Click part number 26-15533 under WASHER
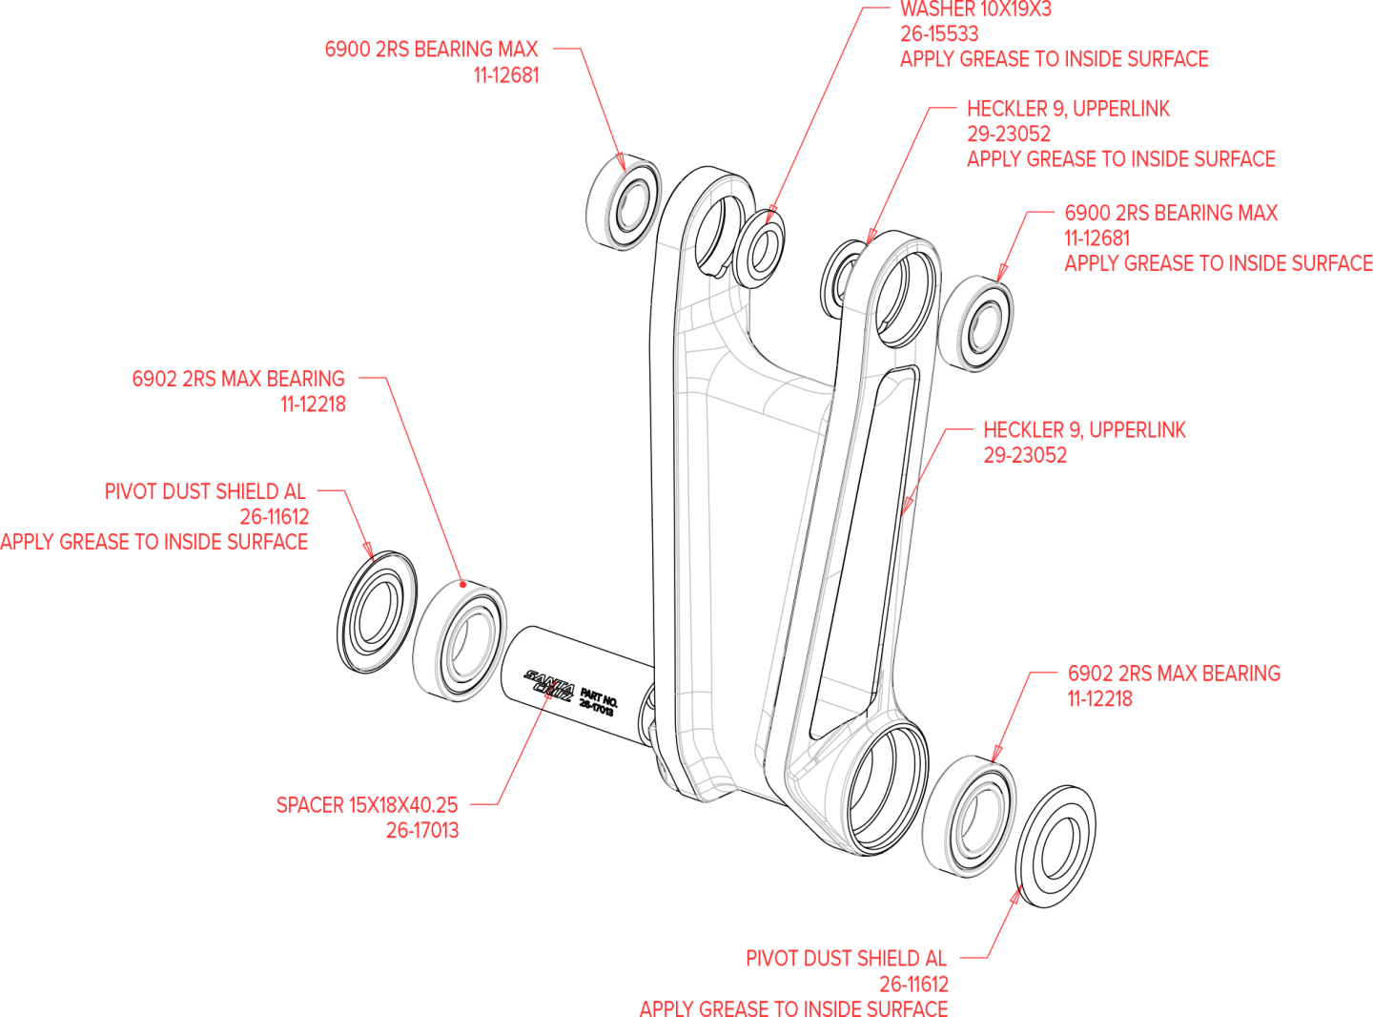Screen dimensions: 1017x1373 (x=939, y=34)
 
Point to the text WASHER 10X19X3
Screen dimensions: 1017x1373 (x=975, y=10)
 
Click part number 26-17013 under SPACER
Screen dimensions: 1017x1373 (x=421, y=831)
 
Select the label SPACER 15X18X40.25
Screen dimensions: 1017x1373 (x=367, y=805)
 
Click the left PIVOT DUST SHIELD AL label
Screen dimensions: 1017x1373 (x=205, y=492)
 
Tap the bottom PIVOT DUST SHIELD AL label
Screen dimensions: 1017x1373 (x=846, y=959)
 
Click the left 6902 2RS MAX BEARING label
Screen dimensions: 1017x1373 (x=238, y=379)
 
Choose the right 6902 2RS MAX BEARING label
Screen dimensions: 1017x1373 (x=1174, y=674)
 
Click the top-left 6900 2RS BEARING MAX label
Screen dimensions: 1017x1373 (x=431, y=50)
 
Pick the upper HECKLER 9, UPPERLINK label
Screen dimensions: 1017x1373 (x=1068, y=109)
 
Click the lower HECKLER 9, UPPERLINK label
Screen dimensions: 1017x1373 (x=1084, y=430)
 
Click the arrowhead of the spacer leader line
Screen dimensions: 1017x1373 (x=548, y=697)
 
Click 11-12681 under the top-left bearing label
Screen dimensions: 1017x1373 (x=506, y=75)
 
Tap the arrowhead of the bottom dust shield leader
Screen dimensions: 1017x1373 (x=1017, y=891)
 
